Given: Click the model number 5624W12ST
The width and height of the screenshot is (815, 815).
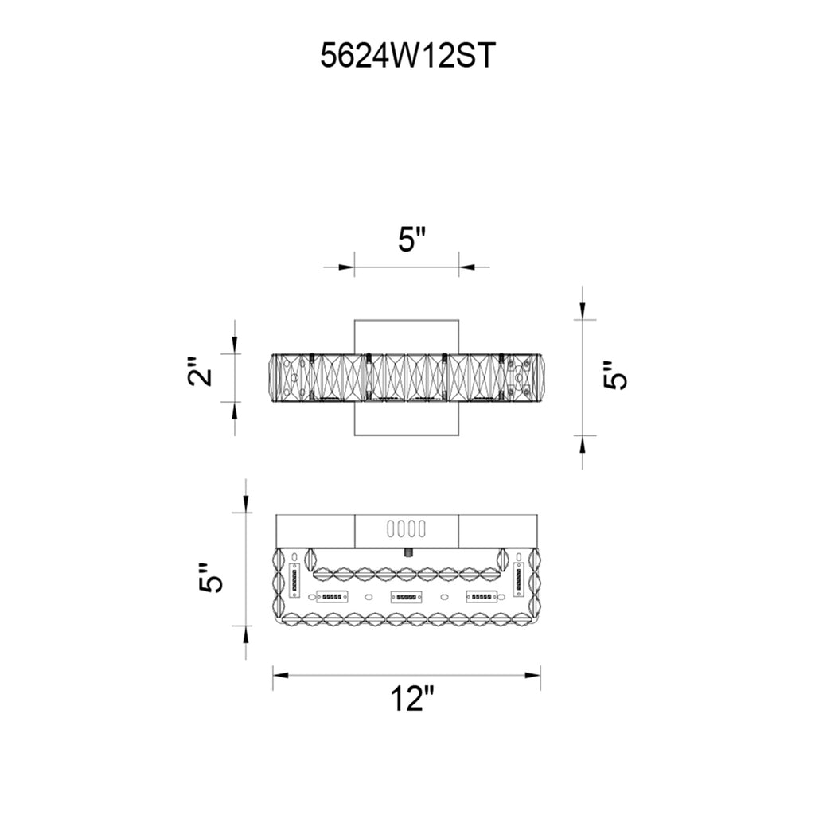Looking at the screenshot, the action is pyautogui.click(x=407, y=56).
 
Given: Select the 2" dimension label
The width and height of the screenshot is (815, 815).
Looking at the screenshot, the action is pyautogui.click(x=200, y=371).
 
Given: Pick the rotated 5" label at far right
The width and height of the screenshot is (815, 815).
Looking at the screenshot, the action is pyautogui.click(x=615, y=374).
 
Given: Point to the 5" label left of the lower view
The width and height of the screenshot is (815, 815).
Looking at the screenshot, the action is pyautogui.click(x=210, y=578).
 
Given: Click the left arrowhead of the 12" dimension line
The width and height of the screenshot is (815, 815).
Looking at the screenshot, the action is pyautogui.click(x=281, y=675).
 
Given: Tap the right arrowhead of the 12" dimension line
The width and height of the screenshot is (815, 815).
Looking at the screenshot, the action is pyautogui.click(x=532, y=675).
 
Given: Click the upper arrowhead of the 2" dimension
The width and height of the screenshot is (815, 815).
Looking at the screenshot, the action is pyautogui.click(x=235, y=345).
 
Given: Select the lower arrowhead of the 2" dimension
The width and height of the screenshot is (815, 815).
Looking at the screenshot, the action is pyautogui.click(x=235, y=410).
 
